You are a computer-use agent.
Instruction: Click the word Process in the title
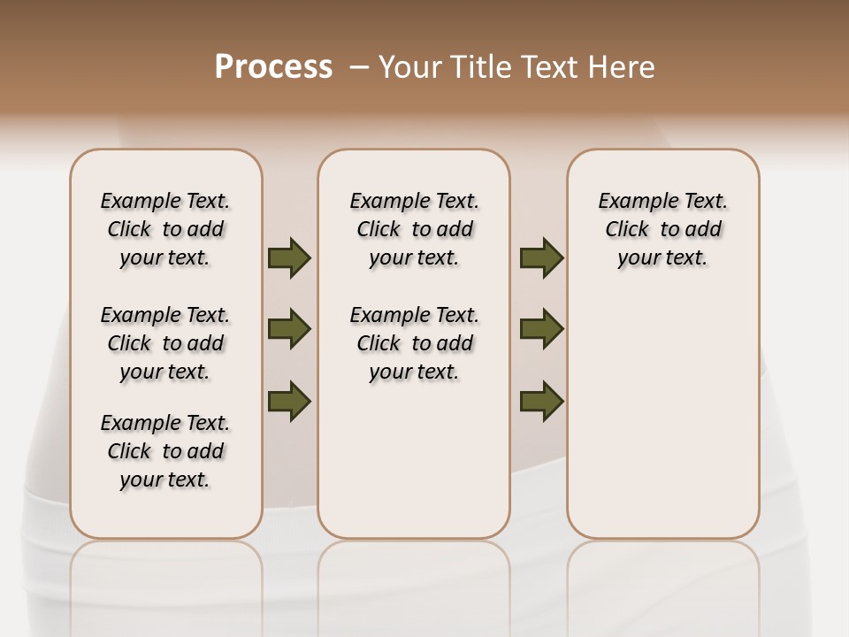click(273, 66)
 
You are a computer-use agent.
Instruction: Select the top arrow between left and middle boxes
click(289, 258)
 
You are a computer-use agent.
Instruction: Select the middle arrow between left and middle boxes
click(289, 329)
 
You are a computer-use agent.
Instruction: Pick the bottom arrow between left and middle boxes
click(289, 401)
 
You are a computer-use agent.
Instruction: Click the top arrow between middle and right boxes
click(541, 258)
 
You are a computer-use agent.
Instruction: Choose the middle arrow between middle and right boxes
click(541, 329)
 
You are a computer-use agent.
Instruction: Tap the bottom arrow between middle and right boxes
click(541, 401)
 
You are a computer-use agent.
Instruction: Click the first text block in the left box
click(165, 229)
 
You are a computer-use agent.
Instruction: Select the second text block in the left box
click(165, 343)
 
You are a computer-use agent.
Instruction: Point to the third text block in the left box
click(165, 451)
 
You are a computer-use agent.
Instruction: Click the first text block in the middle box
click(415, 229)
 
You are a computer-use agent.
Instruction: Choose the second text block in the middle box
click(415, 343)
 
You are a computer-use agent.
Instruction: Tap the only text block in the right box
click(663, 229)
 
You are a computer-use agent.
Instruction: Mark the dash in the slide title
click(359, 66)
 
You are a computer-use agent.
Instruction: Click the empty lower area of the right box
click(663, 425)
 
